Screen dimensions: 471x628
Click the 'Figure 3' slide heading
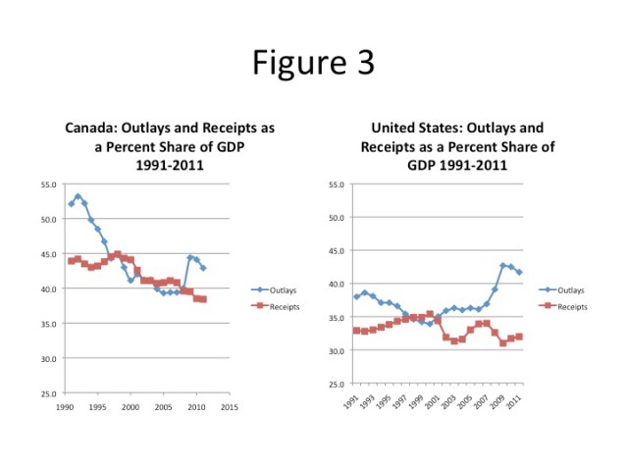(313, 62)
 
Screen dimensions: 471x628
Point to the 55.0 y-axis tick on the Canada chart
(47, 184)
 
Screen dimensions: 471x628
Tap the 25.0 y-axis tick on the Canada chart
(47, 393)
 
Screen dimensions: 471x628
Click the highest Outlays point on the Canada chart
(78, 196)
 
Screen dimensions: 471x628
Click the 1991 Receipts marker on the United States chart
(356, 330)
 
